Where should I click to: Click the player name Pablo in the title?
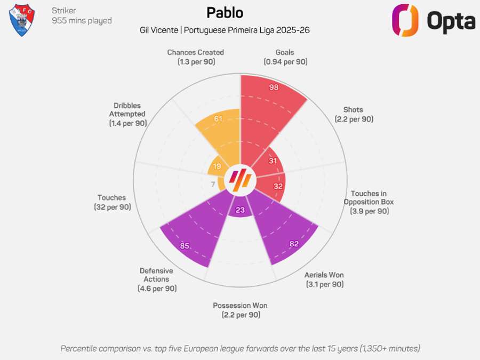[225, 13]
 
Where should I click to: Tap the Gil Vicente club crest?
[22, 20]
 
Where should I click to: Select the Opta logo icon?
[405, 20]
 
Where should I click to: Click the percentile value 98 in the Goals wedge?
[274, 87]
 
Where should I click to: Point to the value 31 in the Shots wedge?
[273, 161]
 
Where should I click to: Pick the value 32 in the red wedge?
[278, 187]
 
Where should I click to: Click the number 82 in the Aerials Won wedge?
[294, 244]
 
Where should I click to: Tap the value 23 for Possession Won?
[240, 210]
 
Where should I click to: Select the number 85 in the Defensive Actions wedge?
[185, 246]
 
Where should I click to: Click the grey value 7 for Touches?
[213, 185]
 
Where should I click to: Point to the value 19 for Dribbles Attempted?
[217, 166]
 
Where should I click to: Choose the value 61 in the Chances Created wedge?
[218, 118]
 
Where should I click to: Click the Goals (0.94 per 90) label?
[285, 57]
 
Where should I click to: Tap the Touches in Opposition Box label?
[369, 202]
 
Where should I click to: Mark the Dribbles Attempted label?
[127, 114]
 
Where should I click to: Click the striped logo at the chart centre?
[240, 181]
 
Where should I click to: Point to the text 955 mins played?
[82, 21]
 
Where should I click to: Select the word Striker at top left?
[63, 10]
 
